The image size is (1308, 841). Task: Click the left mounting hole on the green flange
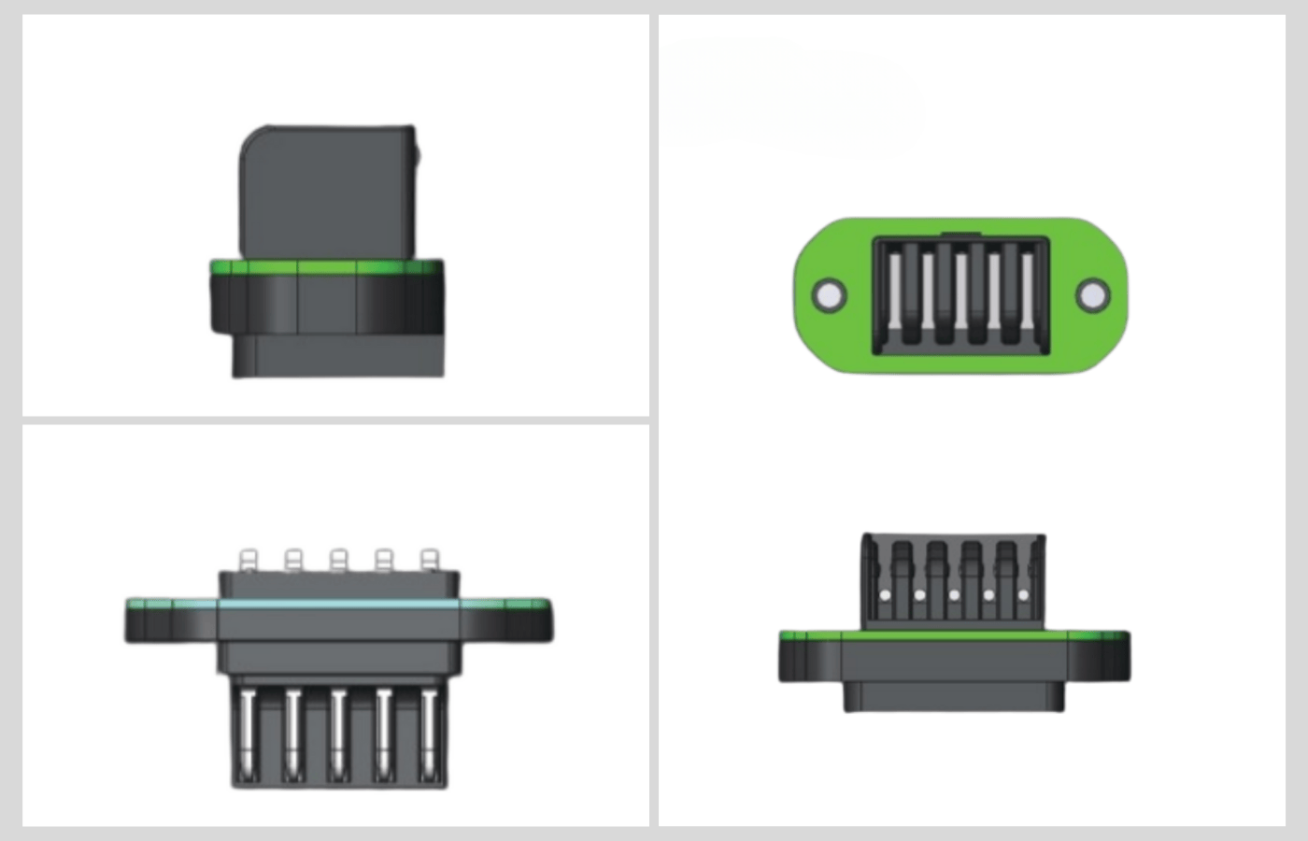[x=828, y=295]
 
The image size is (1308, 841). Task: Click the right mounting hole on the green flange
[x=1092, y=295]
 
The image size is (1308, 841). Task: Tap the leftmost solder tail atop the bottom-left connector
[x=248, y=561]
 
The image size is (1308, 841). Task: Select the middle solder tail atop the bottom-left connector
[x=338, y=561]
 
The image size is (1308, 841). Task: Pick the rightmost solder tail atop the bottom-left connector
[x=429, y=561]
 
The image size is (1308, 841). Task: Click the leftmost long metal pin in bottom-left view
[x=248, y=734]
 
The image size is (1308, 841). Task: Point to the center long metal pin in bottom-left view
[x=338, y=734]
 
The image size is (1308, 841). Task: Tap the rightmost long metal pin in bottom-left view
[x=429, y=734]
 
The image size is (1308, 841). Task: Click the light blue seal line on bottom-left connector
[x=338, y=604]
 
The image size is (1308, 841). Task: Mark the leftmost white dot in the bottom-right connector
[x=885, y=595]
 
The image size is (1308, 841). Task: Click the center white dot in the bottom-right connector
[x=954, y=595]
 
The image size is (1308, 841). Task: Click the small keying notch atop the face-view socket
[x=960, y=234]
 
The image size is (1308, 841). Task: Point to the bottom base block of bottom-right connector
[x=954, y=696]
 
